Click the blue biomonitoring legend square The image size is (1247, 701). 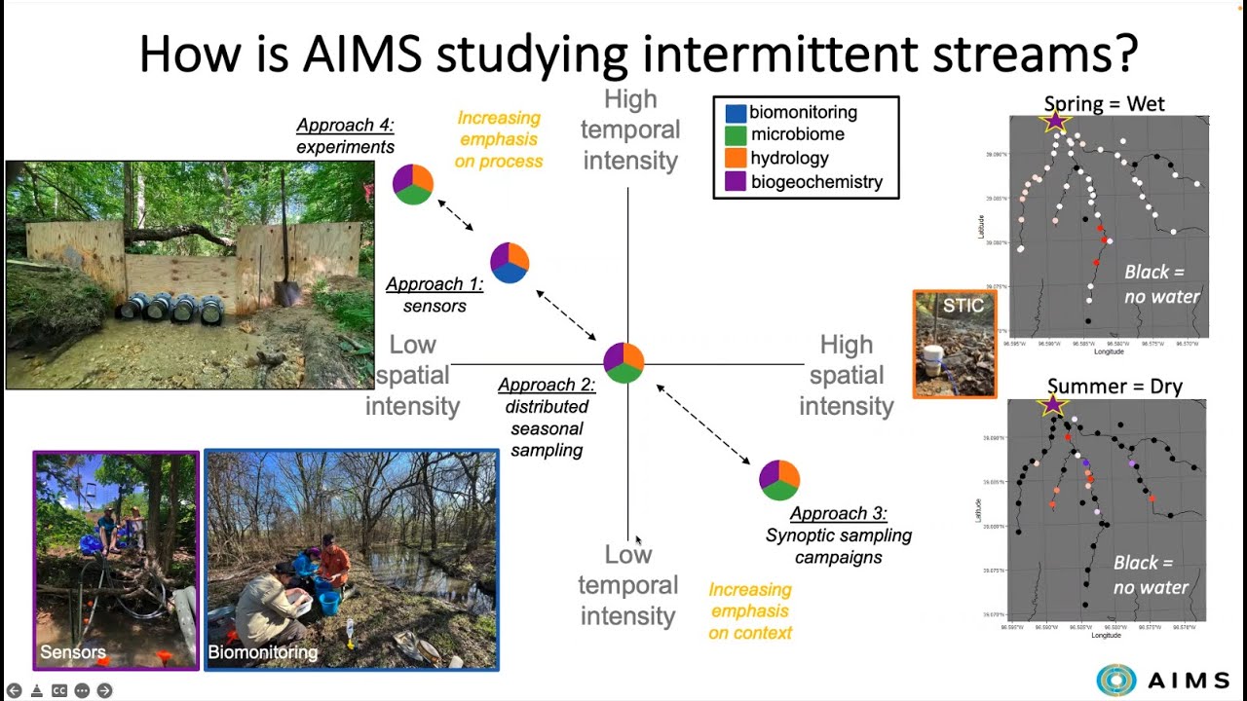tap(736, 112)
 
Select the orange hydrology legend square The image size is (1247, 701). tap(736, 158)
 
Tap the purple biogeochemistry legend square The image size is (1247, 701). tap(736, 181)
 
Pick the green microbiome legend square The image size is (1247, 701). tap(736, 135)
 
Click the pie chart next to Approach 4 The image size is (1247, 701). tap(413, 184)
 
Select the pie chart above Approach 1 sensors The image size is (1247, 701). tap(510, 263)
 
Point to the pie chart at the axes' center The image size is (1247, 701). tap(623, 363)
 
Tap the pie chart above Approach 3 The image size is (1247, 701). tap(779, 480)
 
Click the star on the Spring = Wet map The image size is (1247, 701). tap(1055, 122)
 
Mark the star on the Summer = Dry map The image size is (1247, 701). tap(1052, 405)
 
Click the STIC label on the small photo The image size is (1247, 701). tap(963, 306)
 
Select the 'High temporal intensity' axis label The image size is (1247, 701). tap(630, 129)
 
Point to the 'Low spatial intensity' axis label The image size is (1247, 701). tap(412, 375)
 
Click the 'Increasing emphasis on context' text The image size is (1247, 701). tap(750, 611)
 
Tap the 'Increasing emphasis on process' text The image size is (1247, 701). tap(499, 139)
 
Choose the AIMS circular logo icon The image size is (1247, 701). tap(1116, 680)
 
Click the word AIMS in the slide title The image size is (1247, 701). tap(361, 54)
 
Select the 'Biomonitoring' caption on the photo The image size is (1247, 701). tap(263, 652)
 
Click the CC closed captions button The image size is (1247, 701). tap(59, 690)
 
